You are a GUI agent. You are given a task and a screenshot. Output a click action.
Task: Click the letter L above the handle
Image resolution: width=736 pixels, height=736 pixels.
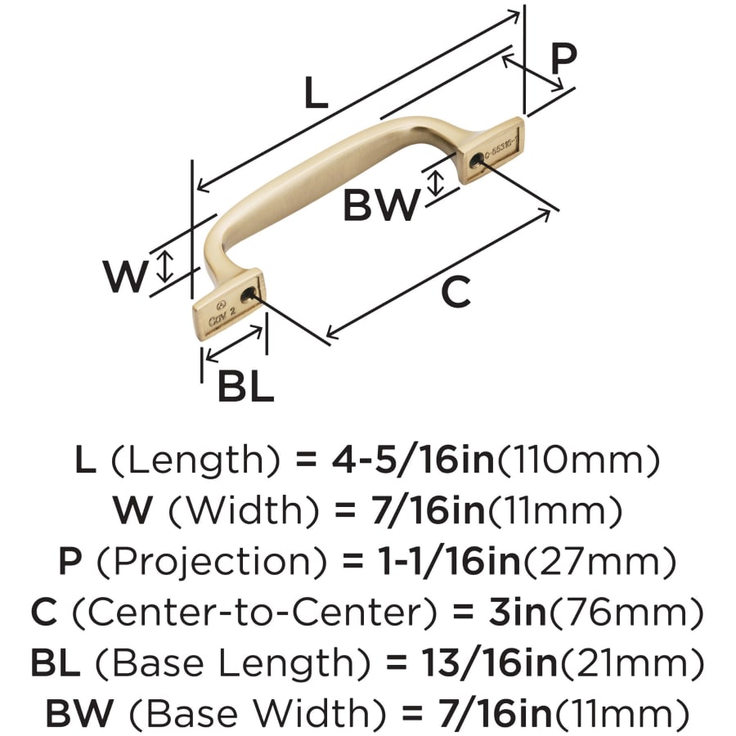click(x=316, y=95)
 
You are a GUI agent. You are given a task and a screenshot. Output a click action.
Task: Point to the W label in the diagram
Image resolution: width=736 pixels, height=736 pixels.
click(x=126, y=277)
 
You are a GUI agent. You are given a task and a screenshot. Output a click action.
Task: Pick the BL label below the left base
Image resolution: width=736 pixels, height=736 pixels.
click(x=245, y=387)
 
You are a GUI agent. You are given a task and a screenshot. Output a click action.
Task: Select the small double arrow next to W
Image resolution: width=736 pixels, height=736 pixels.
click(x=165, y=267)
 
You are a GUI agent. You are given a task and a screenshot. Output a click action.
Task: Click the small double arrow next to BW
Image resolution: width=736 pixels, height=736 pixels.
click(x=436, y=181)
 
